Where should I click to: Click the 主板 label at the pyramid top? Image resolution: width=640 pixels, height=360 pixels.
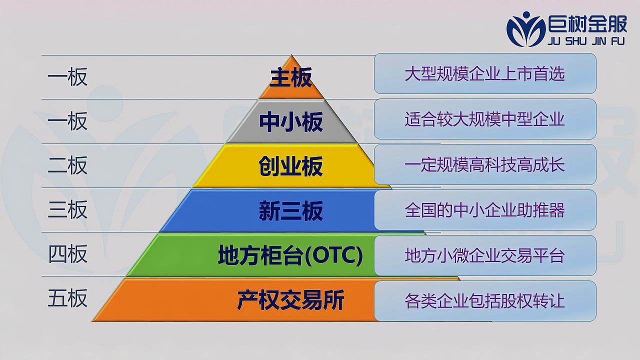tap(291, 77)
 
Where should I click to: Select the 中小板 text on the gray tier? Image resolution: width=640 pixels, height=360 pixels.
tap(291, 122)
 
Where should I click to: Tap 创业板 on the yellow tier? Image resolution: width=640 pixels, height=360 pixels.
tap(291, 166)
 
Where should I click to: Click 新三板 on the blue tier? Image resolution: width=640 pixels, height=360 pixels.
tap(291, 211)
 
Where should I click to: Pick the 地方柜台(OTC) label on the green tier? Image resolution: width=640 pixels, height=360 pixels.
tap(290, 255)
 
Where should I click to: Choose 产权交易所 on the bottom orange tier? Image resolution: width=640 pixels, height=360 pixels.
tap(291, 299)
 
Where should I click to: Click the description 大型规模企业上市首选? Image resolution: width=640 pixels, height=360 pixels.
tap(485, 73)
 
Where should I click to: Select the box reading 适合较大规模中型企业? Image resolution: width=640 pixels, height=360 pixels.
tap(485, 119)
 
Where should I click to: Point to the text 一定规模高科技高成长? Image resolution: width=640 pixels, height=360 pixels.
tap(484, 165)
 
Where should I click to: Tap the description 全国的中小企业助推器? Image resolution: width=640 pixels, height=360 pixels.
tap(485, 210)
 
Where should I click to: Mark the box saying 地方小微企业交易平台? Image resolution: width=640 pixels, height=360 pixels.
tap(485, 255)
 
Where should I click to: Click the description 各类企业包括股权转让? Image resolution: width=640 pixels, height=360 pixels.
tap(485, 301)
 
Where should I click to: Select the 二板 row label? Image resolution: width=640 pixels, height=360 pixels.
tap(67, 165)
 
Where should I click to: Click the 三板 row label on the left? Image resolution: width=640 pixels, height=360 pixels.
tap(67, 209)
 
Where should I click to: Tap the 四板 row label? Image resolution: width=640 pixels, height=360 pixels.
tap(67, 253)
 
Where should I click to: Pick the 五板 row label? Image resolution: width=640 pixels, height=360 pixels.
tap(67, 298)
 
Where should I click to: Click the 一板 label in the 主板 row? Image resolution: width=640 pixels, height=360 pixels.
tap(67, 76)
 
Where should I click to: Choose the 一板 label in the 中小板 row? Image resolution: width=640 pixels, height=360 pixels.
tap(67, 121)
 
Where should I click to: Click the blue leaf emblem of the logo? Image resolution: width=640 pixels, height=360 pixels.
tap(525, 29)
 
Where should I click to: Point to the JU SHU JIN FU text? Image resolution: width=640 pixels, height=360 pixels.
tap(586, 41)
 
